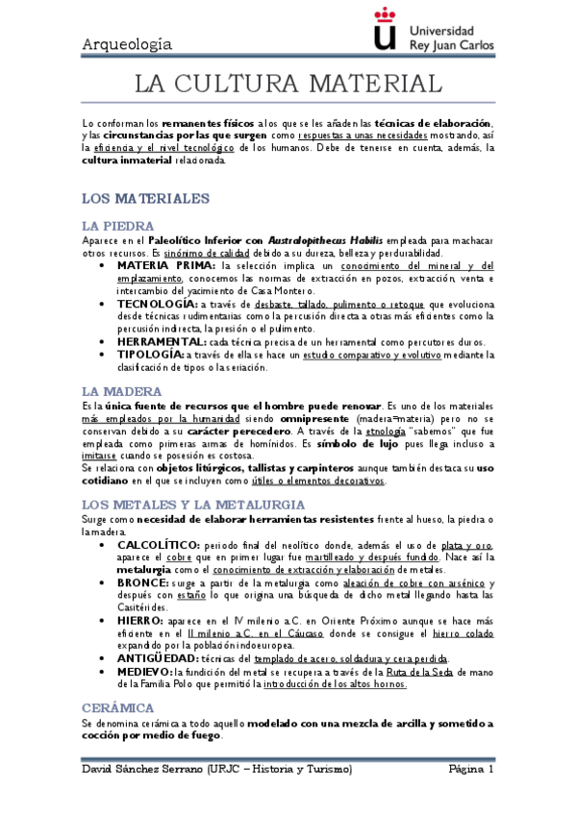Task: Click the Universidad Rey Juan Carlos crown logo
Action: (x=384, y=30)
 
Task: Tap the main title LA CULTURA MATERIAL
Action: (x=288, y=85)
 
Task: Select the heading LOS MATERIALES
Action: (x=145, y=198)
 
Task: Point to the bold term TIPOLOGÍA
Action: (x=150, y=355)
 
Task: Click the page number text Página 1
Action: (x=470, y=771)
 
